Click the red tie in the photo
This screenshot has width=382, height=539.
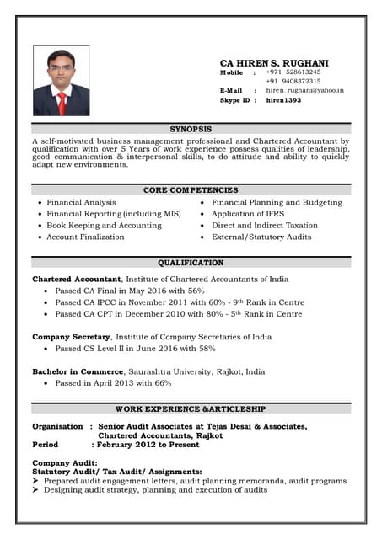[62, 102]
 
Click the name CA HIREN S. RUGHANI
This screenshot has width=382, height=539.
[274, 63]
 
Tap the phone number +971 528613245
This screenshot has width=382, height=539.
[293, 72]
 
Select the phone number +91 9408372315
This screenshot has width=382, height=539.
[293, 81]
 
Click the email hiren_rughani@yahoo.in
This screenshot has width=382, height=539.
[304, 90]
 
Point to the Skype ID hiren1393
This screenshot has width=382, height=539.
[282, 99]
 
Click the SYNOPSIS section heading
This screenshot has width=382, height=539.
[191, 129]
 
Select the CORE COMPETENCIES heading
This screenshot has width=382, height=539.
[191, 190]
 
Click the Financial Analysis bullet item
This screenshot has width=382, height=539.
[81, 203]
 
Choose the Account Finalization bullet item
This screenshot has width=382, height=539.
[85, 237]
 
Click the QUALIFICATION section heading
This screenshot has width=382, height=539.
[191, 263]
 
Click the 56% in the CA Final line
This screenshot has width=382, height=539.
[196, 291]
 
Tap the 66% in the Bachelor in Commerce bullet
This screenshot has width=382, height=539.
[163, 382]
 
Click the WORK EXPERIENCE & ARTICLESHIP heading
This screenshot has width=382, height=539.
[191, 408]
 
